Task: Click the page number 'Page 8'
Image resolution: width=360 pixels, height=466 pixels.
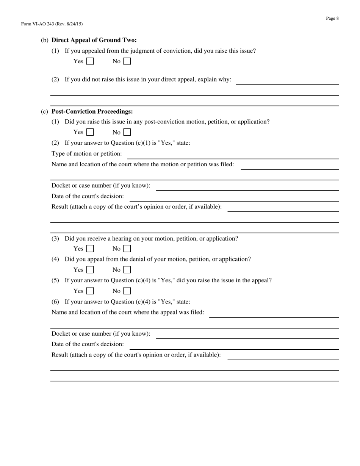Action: pyautogui.click(x=332, y=18)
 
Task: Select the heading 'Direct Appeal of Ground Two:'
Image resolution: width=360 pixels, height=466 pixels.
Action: pyautogui.click(x=94, y=40)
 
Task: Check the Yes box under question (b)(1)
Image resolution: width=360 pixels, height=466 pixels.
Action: pyautogui.click(x=90, y=61)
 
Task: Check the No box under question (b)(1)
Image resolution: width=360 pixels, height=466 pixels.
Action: pyautogui.click(x=127, y=61)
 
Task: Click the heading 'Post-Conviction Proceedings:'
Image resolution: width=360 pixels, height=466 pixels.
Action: pyautogui.click(x=92, y=111)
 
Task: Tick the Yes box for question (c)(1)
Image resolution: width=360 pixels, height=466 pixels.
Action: pyautogui.click(x=90, y=132)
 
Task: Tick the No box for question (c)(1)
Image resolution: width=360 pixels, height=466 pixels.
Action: pyautogui.click(x=127, y=132)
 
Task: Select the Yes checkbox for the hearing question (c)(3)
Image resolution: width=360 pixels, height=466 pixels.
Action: pyautogui.click(x=90, y=249)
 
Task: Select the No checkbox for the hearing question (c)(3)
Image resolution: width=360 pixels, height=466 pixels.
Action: pyautogui.click(x=127, y=249)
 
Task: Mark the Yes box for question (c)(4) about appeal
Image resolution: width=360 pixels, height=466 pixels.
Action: pyautogui.click(x=90, y=270)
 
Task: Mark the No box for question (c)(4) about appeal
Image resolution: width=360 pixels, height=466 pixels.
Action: pyautogui.click(x=127, y=270)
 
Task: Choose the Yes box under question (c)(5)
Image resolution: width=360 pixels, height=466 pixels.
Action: pyautogui.click(x=90, y=291)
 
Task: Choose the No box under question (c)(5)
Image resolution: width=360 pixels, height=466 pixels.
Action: pyautogui.click(x=127, y=291)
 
